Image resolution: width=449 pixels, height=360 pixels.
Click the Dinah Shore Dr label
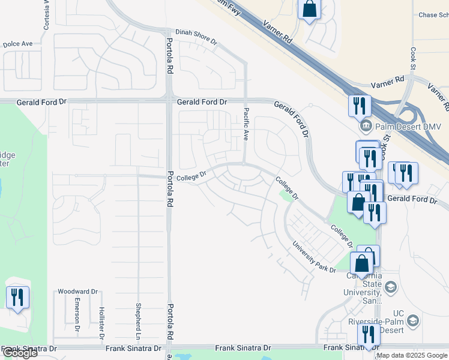click(x=196, y=37)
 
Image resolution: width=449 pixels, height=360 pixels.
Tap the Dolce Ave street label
click(x=18, y=44)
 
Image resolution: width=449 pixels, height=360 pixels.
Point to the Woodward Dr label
click(x=77, y=292)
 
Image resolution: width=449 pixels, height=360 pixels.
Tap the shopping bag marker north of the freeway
click(x=309, y=9)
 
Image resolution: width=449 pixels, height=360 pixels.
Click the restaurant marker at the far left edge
click(x=17, y=297)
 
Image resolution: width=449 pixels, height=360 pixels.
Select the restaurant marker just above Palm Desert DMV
click(x=360, y=106)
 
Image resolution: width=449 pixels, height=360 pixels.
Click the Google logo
click(x=19, y=353)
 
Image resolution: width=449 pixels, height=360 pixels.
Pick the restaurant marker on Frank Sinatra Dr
click(x=369, y=334)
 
